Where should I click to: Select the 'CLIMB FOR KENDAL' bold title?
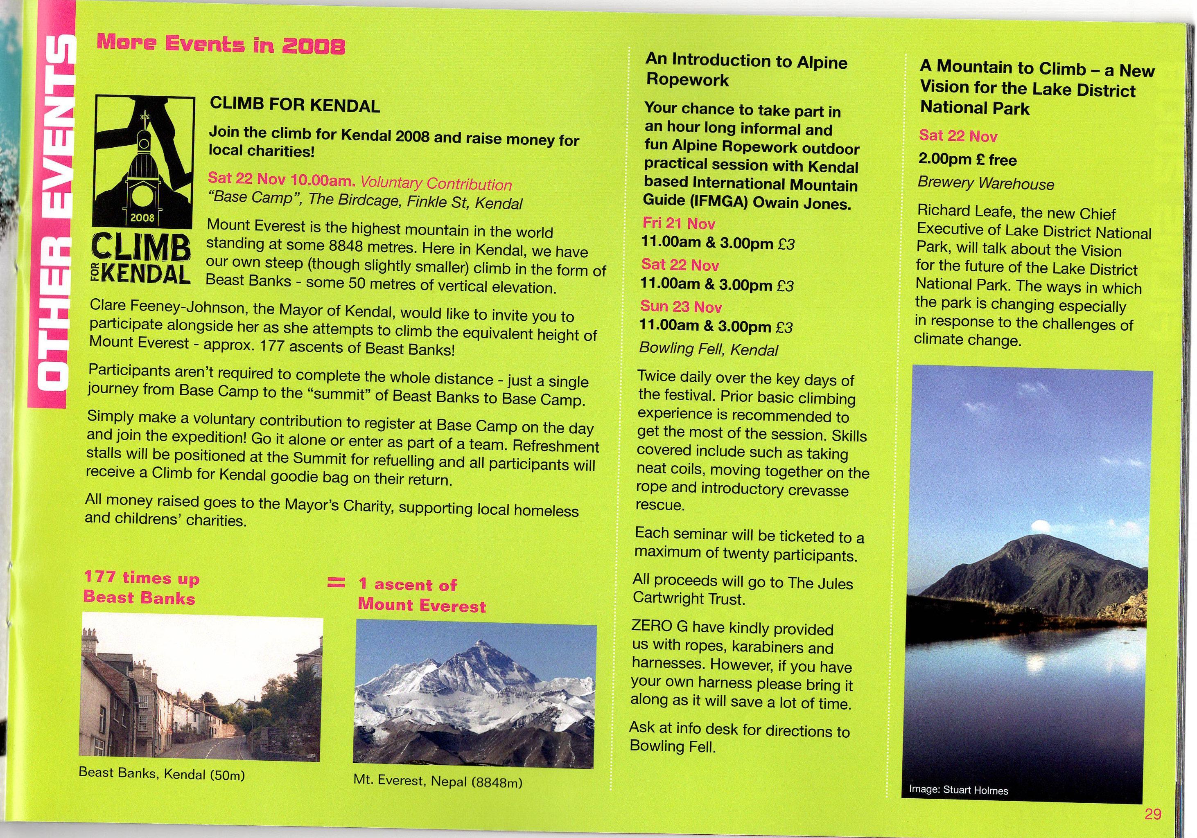[x=295, y=105]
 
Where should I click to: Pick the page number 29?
[x=1153, y=814]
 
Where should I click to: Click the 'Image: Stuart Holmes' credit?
[x=958, y=790]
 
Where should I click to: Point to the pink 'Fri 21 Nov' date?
[x=679, y=223]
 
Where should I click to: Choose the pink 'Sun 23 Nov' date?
[x=681, y=306]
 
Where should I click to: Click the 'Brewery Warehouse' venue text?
[x=986, y=183]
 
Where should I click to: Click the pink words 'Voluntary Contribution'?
[x=436, y=183]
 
